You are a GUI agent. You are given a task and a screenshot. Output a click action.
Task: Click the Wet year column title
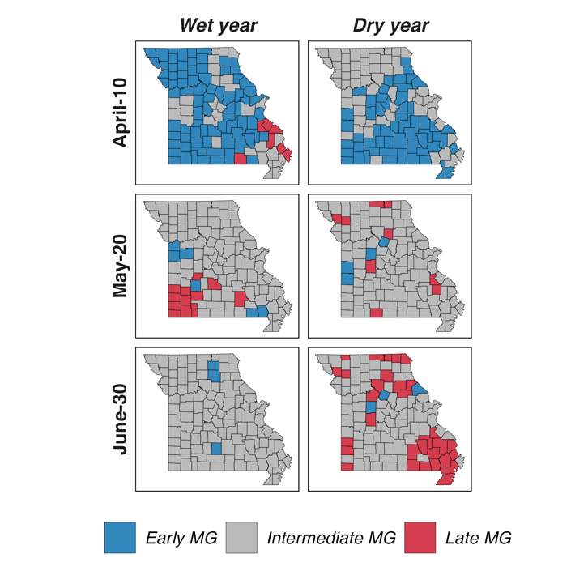pos(219,26)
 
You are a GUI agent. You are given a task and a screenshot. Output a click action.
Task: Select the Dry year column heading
pos(390,26)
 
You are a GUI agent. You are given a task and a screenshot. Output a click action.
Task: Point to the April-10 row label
pos(120,113)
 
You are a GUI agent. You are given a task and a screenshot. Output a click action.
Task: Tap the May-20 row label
pos(120,266)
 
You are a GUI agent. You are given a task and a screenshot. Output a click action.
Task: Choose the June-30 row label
pos(120,420)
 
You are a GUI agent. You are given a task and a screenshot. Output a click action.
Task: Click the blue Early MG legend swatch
pos(120,538)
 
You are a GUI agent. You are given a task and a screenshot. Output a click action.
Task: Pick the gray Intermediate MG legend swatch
pos(241,538)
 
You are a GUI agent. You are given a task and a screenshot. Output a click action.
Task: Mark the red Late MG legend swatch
pos(420,538)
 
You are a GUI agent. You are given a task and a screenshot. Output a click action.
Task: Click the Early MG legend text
pos(181,538)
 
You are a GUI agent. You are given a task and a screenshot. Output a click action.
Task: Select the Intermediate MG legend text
pos(331,538)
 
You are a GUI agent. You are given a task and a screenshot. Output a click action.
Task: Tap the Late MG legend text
pos(479,538)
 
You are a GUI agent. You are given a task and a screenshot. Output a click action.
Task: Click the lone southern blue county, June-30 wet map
pos(216,448)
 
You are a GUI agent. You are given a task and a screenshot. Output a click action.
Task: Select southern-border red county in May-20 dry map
pos(377,313)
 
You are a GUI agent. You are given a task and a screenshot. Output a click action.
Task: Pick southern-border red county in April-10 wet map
pos(241,159)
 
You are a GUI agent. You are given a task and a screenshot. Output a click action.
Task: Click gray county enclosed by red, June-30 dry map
pos(424,458)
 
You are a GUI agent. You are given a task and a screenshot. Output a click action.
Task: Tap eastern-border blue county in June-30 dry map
pos(420,390)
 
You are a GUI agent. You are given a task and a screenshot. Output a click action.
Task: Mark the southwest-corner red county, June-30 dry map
pos(347,467)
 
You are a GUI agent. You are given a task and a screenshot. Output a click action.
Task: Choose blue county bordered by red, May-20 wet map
pos(196,285)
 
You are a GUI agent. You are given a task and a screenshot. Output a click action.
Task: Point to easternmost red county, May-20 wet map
pos(241,299)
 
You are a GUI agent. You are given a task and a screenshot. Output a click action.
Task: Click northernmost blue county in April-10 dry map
pos(406,62)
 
